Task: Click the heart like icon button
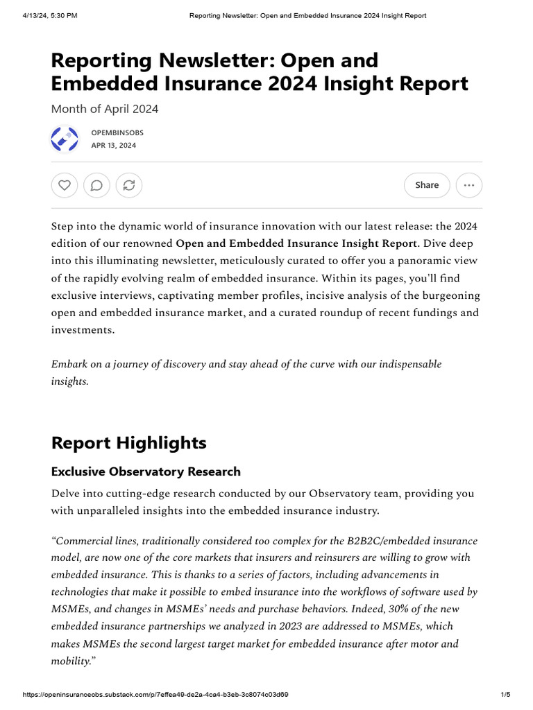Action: click(65, 185)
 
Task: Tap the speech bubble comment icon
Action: click(96, 185)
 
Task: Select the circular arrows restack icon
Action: click(129, 185)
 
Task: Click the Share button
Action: click(427, 185)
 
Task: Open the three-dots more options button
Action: click(469, 185)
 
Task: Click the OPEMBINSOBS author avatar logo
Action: click(65, 139)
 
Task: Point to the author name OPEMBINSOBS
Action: click(117, 132)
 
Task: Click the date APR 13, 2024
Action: click(114, 146)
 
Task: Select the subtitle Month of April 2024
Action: click(105, 109)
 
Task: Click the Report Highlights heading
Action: click(128, 442)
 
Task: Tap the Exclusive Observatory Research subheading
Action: click(146, 471)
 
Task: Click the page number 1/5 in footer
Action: click(505, 695)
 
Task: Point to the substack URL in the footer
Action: click(155, 695)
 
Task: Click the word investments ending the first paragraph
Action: click(81, 329)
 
